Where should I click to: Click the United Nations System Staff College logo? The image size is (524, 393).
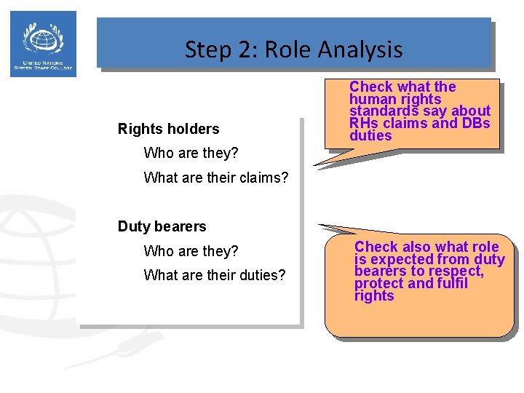click(44, 44)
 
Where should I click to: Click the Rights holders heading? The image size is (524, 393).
click(168, 130)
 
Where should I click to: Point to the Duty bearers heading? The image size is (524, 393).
click(162, 227)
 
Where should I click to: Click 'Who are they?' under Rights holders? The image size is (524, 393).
click(191, 154)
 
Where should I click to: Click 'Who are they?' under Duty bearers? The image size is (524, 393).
click(191, 252)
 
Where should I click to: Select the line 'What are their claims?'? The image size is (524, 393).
click(216, 178)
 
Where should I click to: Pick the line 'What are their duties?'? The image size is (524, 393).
click(215, 276)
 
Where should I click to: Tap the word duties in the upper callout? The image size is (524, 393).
click(370, 136)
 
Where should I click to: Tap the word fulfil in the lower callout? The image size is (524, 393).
click(450, 284)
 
